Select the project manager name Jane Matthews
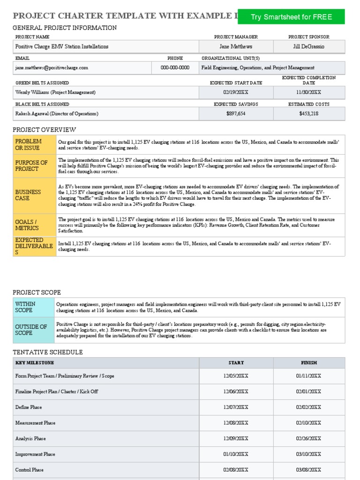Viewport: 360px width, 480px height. pyautogui.click(x=236, y=47)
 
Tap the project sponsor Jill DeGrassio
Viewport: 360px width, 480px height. pyautogui.click(x=308, y=47)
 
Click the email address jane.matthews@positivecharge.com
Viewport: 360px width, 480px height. pyautogui.click(x=52, y=68)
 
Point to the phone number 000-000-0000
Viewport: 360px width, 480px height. pyautogui.click(x=175, y=68)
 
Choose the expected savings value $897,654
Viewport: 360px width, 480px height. pyautogui.click(x=236, y=113)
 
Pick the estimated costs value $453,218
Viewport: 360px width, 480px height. pyautogui.click(x=308, y=113)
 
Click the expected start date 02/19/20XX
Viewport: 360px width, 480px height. pyautogui.click(x=236, y=92)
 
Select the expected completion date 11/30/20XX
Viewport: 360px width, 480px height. pyautogui.click(x=308, y=92)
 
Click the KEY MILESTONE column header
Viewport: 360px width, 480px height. pyautogui.click(x=35, y=363)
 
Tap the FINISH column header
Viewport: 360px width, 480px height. pyautogui.click(x=308, y=363)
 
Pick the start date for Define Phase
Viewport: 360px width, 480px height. pyautogui.click(x=236, y=407)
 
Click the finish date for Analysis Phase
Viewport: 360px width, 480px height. pyautogui.click(x=308, y=439)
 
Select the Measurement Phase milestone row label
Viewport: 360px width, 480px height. pyautogui.click(x=36, y=423)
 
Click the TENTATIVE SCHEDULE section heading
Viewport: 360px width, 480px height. pyautogui.click(x=48, y=352)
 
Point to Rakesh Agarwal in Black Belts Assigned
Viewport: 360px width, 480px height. pyautogui.click(x=57, y=114)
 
